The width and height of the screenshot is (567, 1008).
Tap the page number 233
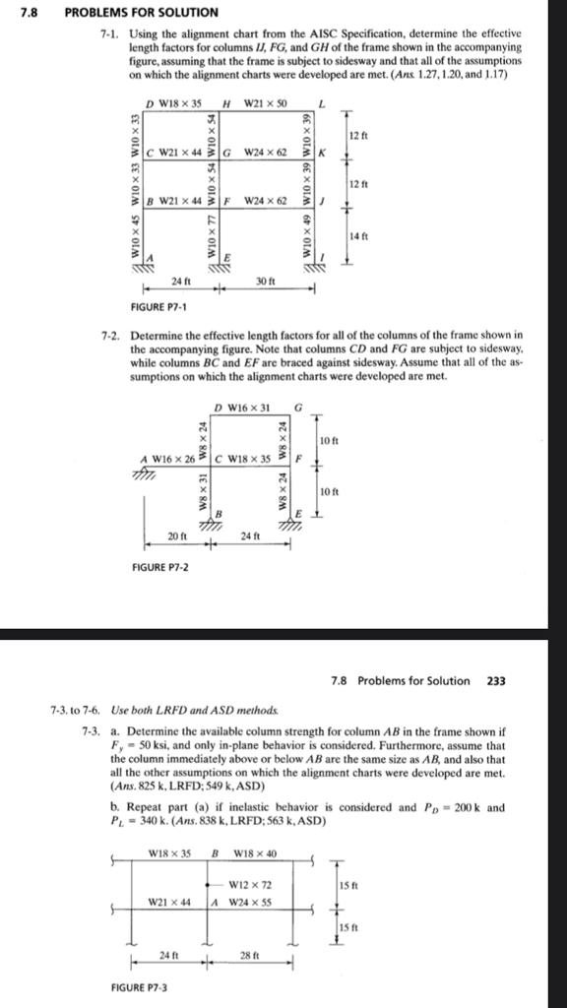click(x=496, y=680)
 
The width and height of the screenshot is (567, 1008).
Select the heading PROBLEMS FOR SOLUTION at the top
click(x=141, y=12)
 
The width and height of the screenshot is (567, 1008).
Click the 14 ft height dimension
click(x=359, y=235)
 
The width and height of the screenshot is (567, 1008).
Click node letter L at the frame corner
click(x=321, y=105)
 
